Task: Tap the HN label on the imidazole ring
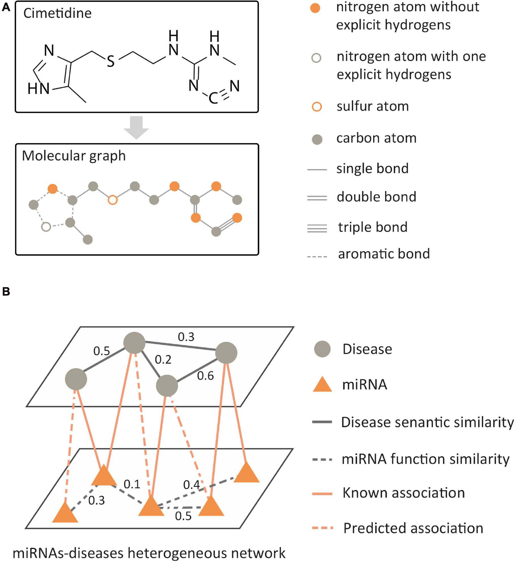pos(38,89)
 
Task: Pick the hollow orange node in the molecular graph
pos(113,200)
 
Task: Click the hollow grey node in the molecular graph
pos(46,227)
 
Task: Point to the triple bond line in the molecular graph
pos(227,225)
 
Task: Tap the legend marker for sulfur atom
pos(316,107)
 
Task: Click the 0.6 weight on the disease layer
pos(205,376)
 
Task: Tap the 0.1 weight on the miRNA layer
pos(132,484)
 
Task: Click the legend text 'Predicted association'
pos(413,528)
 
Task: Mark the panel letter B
pos(6,292)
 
